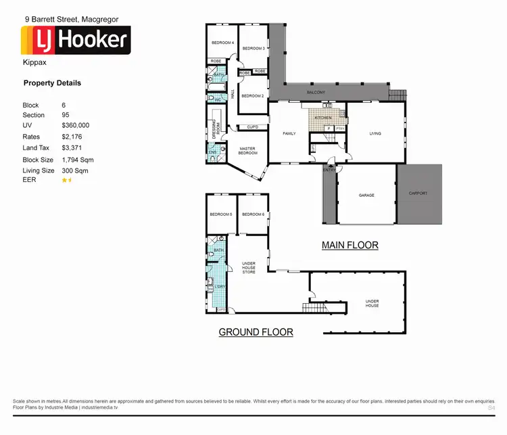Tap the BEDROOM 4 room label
pos(222,43)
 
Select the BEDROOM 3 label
pos(253,48)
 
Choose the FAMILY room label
pos(289,134)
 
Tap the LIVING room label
pos(375,134)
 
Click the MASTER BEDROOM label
pos(248,151)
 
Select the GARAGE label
pos(366,196)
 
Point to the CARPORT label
pos(418,193)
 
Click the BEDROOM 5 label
pos(220,214)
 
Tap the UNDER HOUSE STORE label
pos(249,267)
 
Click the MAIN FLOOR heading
pos(349,245)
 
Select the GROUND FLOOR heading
pos(256,332)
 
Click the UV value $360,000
pos(75,126)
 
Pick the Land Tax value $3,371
pos(71,147)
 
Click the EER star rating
pos(67,181)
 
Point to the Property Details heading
pos(52,83)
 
